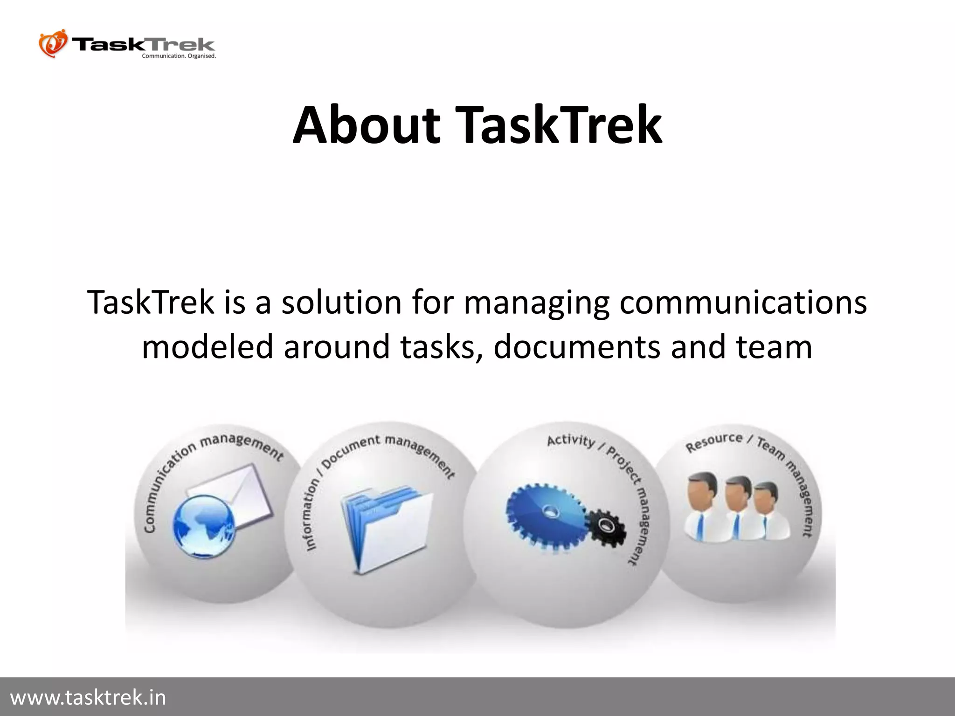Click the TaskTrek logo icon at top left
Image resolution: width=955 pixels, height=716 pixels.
click(x=53, y=44)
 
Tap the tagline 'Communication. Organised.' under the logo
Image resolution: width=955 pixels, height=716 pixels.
click(x=179, y=56)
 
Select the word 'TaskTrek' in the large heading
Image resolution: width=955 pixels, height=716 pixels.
click(x=558, y=125)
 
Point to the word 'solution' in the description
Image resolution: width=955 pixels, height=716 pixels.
click(x=341, y=302)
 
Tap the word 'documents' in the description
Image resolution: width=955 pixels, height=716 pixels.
click(x=577, y=347)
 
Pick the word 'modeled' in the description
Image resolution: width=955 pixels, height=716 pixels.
click(x=207, y=347)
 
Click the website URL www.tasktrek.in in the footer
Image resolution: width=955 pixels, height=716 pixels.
click(x=88, y=698)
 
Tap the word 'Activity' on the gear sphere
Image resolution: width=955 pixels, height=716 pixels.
click(x=571, y=441)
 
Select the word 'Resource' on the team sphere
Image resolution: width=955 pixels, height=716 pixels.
click(x=713, y=442)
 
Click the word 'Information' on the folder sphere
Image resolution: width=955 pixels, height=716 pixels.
click(x=312, y=516)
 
